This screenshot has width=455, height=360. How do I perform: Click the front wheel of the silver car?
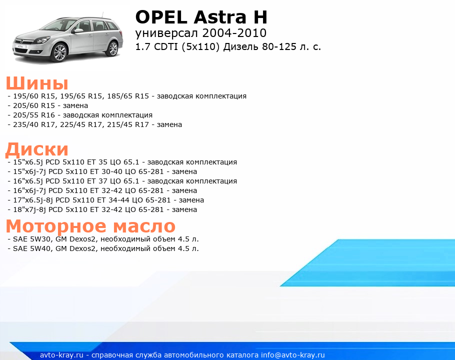60,52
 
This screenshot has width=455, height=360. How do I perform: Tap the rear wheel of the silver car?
112,48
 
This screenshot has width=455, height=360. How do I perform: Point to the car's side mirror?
78,30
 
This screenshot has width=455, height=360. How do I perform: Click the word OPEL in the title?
161,17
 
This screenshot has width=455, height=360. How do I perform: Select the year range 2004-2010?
234,33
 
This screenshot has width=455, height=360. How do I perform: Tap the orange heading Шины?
37,83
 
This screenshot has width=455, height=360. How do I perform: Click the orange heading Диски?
37,149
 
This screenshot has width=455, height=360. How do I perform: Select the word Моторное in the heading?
56,226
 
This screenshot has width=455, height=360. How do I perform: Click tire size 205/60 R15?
34,105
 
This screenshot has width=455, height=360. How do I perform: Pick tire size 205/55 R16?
34,115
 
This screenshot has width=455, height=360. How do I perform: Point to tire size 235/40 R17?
34,124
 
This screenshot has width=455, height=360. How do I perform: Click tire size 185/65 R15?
128,96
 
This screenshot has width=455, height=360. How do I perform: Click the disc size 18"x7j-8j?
29,209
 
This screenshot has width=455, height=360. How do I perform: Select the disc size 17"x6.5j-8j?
33,200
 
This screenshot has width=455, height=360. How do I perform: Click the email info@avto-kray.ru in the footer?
293,355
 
